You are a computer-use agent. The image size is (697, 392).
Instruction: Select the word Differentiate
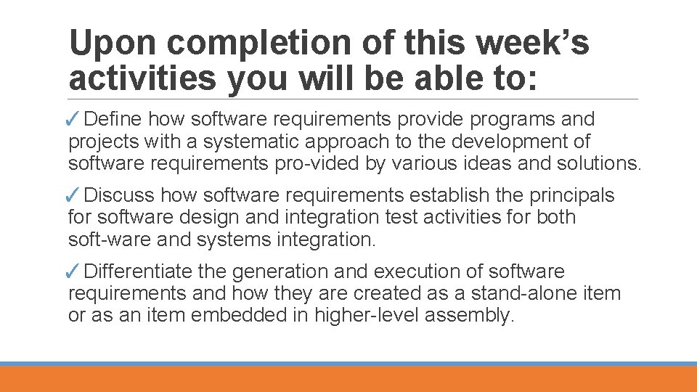[138, 271]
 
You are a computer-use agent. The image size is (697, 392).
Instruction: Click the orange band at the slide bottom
[348, 380]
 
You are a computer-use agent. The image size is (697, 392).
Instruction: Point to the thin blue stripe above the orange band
[348, 364]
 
